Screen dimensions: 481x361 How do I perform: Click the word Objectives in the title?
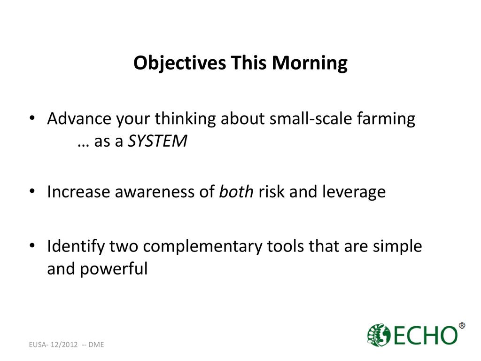click(x=180, y=63)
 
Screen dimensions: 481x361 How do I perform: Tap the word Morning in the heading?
click(x=310, y=63)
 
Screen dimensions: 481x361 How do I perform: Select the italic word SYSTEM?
click(x=157, y=141)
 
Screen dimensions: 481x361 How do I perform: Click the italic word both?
click(x=236, y=192)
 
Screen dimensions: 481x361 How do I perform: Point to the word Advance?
click(x=79, y=118)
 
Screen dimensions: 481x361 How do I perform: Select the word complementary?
click(x=202, y=247)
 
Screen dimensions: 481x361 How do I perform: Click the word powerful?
click(x=114, y=269)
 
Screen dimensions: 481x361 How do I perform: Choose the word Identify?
click(x=76, y=247)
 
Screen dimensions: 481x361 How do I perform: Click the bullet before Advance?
click(x=32, y=118)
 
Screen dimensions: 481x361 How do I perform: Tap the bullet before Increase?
click(x=32, y=191)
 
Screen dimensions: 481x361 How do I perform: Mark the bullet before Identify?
click(x=32, y=246)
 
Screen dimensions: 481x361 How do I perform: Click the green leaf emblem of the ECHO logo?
click(x=379, y=335)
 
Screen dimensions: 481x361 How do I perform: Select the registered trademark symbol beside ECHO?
click(x=462, y=325)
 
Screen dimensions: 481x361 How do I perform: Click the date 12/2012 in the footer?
click(x=64, y=345)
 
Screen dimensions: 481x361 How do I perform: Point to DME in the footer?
click(x=96, y=345)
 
